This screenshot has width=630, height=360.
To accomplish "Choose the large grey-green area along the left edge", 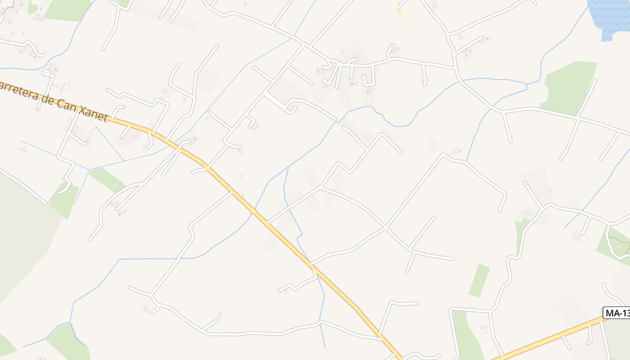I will (22, 234).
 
